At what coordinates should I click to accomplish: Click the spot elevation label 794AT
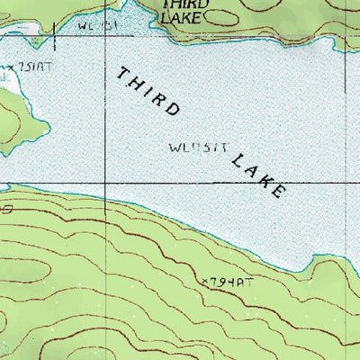(x=226, y=283)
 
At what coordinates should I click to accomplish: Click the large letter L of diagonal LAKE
(x=238, y=160)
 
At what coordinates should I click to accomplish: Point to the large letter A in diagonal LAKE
(x=252, y=170)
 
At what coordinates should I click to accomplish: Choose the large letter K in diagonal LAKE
(x=266, y=180)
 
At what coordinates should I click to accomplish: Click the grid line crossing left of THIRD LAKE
(x=106, y=183)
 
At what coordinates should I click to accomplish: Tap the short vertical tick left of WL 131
(x=55, y=36)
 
